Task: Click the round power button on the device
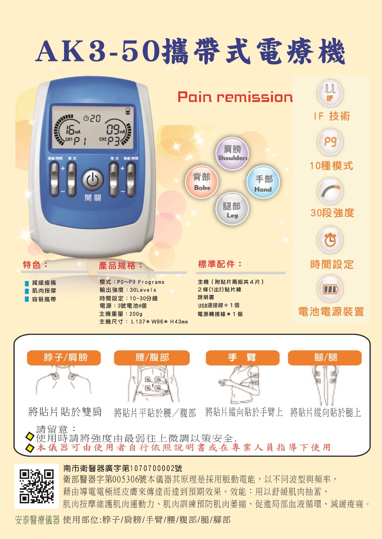click(93, 180)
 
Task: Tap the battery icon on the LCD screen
click(128, 111)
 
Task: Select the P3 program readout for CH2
click(113, 141)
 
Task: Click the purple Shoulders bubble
click(232, 153)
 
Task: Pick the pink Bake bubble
click(202, 182)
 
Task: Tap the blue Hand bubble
click(263, 182)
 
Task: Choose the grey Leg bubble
click(232, 209)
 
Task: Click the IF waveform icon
click(330, 93)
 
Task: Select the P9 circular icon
click(330, 142)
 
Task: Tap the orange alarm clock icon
click(330, 240)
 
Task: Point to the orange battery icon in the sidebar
click(330, 289)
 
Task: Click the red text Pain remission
click(235, 97)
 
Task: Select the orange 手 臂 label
click(243, 358)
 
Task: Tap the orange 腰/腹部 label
click(152, 358)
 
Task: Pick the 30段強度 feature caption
click(332, 213)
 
